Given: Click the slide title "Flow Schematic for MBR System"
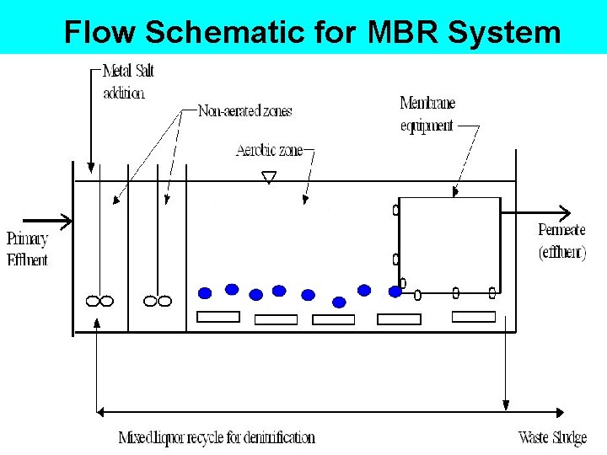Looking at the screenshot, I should (312, 32).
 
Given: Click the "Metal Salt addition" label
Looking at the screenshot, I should (129, 81).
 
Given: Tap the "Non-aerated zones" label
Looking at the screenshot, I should (244, 111).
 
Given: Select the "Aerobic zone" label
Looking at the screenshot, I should (269, 151).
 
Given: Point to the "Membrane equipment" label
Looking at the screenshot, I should (427, 115).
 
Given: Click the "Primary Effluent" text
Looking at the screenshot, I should (27, 249).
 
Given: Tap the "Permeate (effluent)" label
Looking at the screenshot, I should (561, 242).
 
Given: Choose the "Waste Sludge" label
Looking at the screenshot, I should (552, 438).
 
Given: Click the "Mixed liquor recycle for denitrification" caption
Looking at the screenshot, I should (217, 438).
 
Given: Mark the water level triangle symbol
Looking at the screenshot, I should (269, 177).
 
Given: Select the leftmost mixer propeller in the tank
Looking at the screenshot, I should (99, 301).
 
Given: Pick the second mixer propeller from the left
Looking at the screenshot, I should (158, 301).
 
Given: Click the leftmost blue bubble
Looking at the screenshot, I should (204, 293).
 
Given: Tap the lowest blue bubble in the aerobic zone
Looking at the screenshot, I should (339, 302).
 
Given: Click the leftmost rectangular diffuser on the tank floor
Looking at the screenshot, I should (218, 317).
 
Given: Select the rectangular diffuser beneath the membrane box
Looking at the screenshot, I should (474, 317).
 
